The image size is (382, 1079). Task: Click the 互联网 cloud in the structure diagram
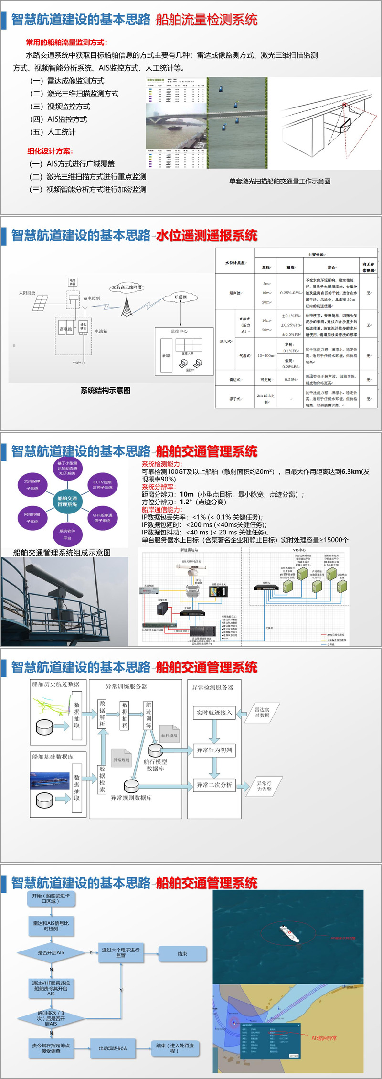180,297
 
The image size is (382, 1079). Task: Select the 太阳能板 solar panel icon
40,303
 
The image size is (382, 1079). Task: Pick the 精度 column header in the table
290,267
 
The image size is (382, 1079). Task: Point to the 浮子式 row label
235,398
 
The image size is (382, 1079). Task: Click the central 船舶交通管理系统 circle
67,501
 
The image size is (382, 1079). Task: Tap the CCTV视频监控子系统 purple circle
102,484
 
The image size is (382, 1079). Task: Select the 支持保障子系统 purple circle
32,484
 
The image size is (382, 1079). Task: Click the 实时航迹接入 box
214,713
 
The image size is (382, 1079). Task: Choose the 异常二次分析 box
214,785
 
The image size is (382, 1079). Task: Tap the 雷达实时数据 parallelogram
262,712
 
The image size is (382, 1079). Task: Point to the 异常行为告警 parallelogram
264,786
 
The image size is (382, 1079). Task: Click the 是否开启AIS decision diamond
51,952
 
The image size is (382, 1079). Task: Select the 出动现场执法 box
113,1048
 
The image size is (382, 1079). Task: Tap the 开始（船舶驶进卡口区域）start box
51,898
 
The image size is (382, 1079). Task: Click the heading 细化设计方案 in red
50,151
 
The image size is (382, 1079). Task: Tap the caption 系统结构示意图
106,390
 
